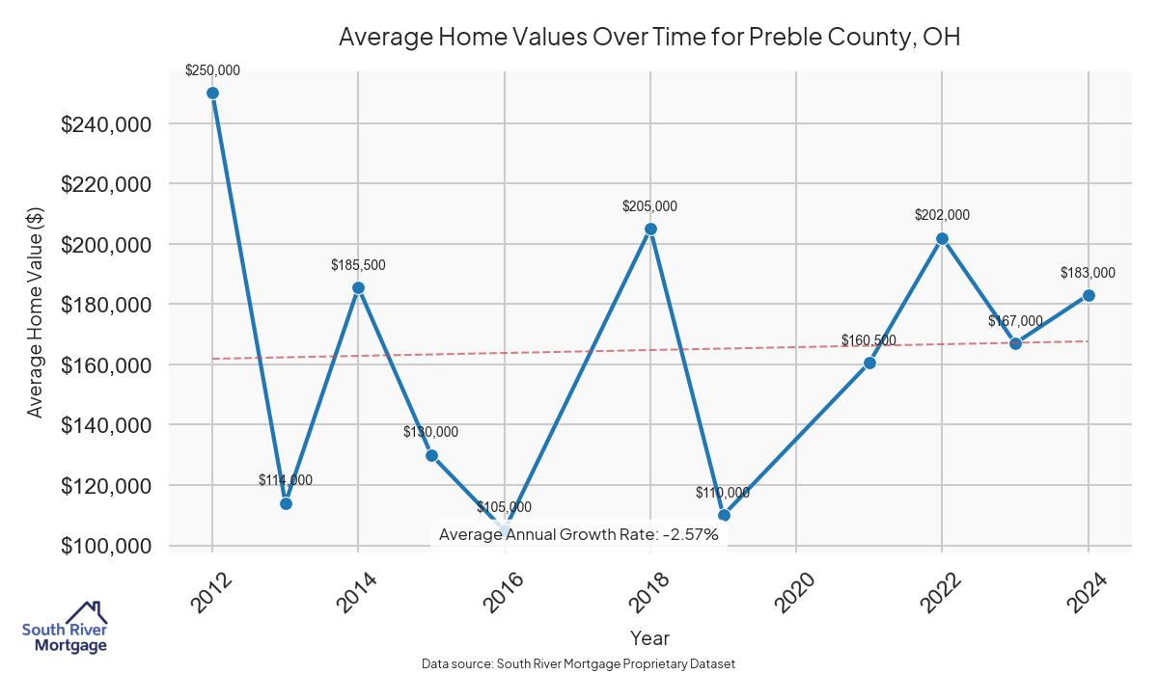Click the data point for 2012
212,94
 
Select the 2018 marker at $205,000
650,229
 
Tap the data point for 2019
724,515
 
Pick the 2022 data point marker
942,238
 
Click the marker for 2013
286,503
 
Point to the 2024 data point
1089,295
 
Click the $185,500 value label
358,264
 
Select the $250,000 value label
212,70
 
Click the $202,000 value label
942,215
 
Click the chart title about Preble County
649,38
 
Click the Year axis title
649,637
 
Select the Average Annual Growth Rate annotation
579,534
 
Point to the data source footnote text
578,664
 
